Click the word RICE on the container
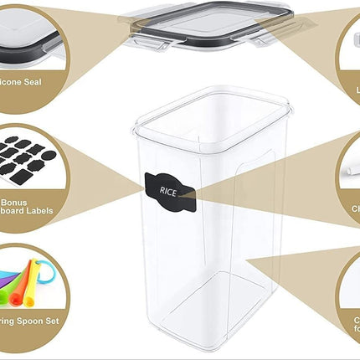(x=168, y=191)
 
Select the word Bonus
(x=14, y=202)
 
